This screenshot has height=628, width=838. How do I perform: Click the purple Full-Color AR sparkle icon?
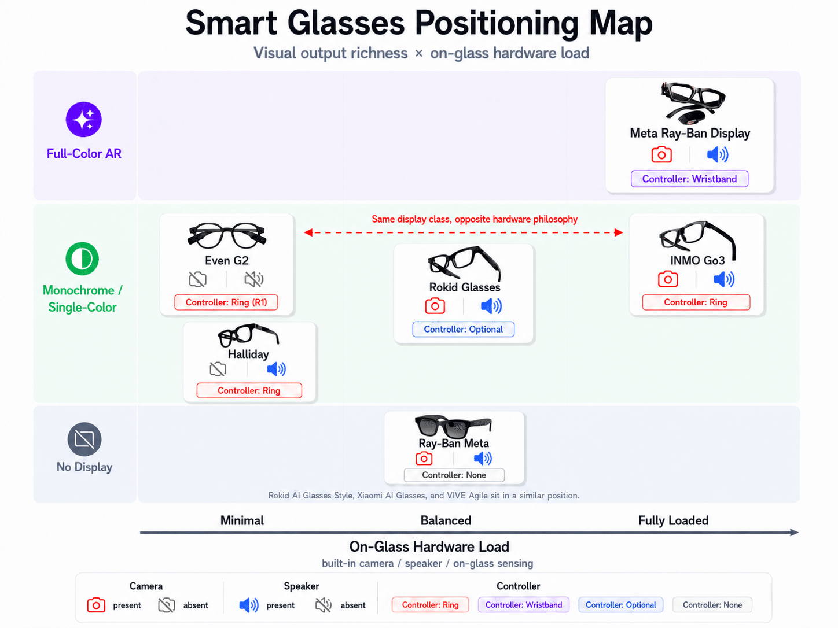[x=83, y=119]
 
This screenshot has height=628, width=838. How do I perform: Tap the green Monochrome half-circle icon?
[x=82, y=258]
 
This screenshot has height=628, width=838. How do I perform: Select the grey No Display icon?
[x=84, y=439]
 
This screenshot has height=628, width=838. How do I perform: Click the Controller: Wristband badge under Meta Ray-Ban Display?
[x=689, y=179]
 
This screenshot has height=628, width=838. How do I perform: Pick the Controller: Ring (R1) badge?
[x=226, y=302]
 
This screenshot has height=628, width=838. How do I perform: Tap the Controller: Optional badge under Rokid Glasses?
[x=463, y=330]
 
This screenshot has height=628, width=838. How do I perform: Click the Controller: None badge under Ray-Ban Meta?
[x=454, y=475]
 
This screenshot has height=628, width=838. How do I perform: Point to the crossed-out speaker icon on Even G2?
[x=254, y=279]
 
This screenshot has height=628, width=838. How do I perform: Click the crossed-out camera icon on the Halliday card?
[x=218, y=369]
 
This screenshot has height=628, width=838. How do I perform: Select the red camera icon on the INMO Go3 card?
[x=668, y=279]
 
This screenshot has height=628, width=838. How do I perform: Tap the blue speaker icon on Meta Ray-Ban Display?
[x=718, y=155]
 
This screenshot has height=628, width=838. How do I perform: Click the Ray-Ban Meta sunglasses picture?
[x=453, y=426]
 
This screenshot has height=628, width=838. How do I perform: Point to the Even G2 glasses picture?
[x=227, y=235]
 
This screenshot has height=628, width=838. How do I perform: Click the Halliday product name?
[x=248, y=354]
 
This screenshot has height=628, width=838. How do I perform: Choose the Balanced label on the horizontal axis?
[x=446, y=520]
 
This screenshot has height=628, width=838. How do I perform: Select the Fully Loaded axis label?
[x=673, y=520]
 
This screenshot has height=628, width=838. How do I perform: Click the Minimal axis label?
[x=242, y=520]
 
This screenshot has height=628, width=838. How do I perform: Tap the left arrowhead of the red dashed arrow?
[x=308, y=232]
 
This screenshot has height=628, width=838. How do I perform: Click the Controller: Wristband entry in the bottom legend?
[x=523, y=605]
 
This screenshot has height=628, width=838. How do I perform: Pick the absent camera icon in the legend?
[x=167, y=605]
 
